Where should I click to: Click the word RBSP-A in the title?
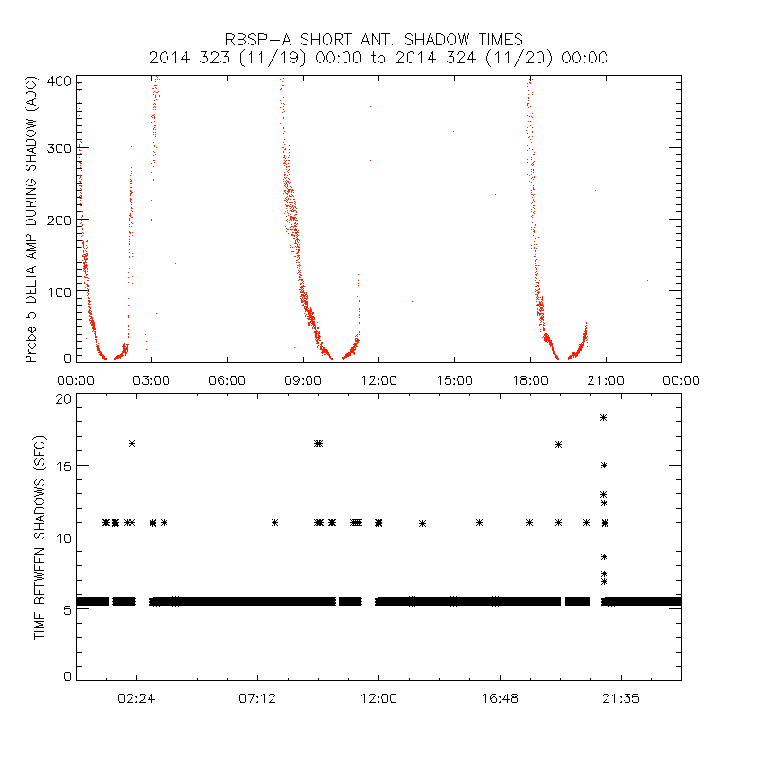(x=254, y=40)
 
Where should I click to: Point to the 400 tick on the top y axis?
(x=60, y=80)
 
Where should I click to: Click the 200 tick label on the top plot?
(x=60, y=220)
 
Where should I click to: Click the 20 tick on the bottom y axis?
(x=62, y=398)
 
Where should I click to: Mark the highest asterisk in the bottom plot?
(x=603, y=417)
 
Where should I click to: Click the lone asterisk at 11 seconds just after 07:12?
(x=275, y=522)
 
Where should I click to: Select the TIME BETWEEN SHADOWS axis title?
(x=40, y=537)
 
